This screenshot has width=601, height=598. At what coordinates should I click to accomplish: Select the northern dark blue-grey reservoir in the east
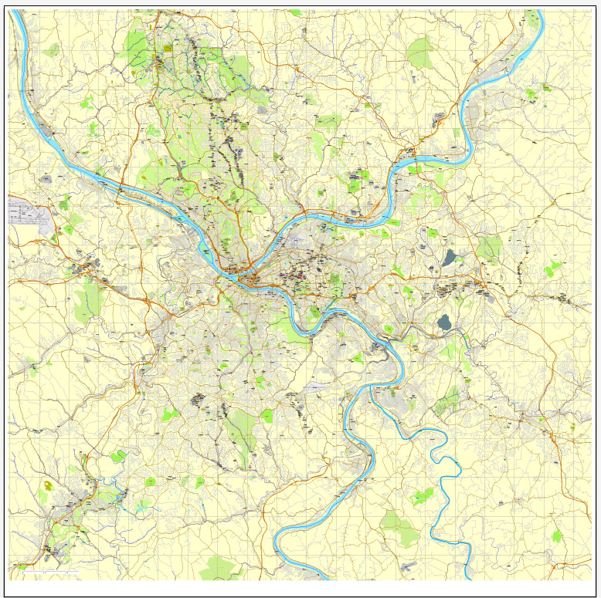[x=449, y=257]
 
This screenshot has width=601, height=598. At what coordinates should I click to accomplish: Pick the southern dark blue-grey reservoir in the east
[x=443, y=322]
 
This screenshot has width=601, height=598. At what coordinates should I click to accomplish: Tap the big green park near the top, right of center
[x=420, y=52]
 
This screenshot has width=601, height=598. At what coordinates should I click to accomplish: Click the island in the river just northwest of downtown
[x=205, y=248]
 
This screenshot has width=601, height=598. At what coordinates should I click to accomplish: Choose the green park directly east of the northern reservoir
[x=488, y=248]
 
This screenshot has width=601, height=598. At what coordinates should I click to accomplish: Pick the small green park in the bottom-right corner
[x=557, y=535]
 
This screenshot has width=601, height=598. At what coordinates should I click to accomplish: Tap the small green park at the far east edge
[x=552, y=269]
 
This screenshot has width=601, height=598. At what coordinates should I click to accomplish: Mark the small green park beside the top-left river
[x=53, y=50]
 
